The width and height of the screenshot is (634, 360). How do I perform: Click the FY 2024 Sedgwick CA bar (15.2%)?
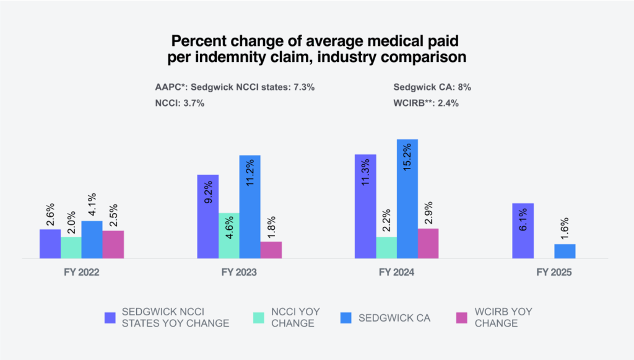407,198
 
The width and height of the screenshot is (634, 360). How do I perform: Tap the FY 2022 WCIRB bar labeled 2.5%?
113,244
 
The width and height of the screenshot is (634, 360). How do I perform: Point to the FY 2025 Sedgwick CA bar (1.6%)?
565,251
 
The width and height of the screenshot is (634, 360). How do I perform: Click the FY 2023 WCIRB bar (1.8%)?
271,250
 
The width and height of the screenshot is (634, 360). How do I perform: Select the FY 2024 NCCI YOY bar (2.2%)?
386,247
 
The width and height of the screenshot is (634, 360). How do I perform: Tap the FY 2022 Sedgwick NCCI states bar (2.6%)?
50,244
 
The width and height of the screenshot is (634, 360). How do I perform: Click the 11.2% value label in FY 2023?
250,170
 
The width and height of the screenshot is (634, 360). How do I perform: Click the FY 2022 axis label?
82,272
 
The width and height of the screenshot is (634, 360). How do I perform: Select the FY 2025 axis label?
554,272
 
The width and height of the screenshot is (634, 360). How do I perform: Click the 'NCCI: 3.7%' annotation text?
180,103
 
